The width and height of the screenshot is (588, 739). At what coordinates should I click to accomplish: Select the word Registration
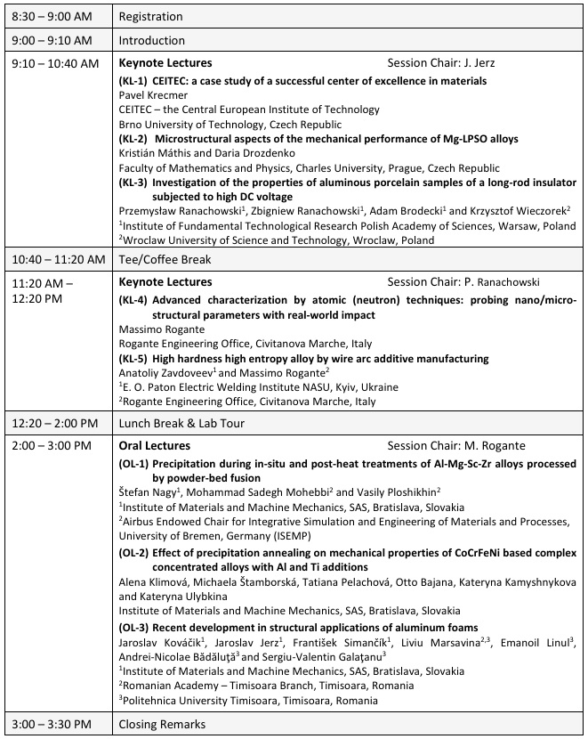[150, 16]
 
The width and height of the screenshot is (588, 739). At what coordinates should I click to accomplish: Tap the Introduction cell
[150, 39]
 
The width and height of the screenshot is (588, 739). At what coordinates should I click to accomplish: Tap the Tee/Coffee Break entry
[163, 259]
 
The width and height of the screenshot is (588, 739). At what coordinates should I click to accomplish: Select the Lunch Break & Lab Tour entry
[181, 423]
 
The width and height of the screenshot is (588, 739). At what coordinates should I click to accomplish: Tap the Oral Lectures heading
[154, 445]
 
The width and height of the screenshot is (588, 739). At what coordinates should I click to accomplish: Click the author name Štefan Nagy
[148, 493]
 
